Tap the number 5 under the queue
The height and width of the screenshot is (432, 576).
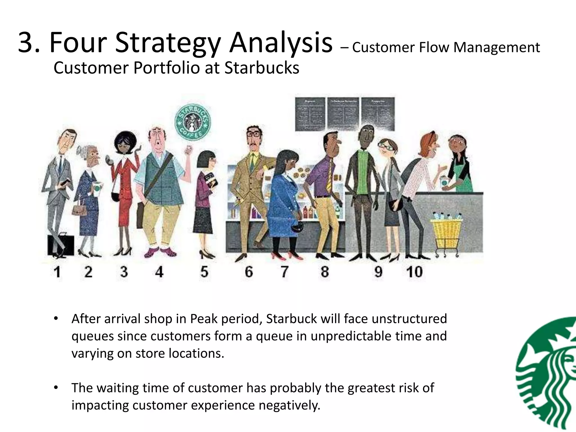coord(204,272)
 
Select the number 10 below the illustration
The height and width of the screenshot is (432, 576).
coord(414,272)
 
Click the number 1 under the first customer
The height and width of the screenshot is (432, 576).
coord(57,272)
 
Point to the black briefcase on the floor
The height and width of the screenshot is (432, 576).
coord(60,245)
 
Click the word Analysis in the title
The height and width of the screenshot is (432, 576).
coord(281,43)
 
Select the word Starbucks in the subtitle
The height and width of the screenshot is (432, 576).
coord(262,68)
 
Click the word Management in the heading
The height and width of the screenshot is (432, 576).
coord(496,47)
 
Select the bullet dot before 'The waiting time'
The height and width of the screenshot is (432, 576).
coord(56,388)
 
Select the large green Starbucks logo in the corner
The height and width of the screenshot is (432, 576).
coord(546,374)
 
